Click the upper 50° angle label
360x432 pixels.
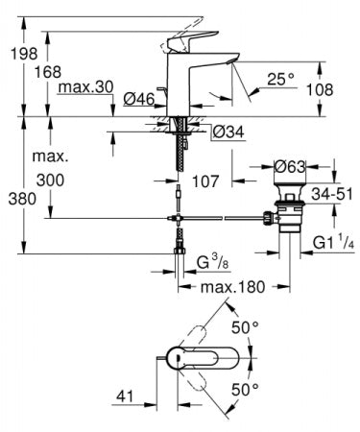pos(249,327)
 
